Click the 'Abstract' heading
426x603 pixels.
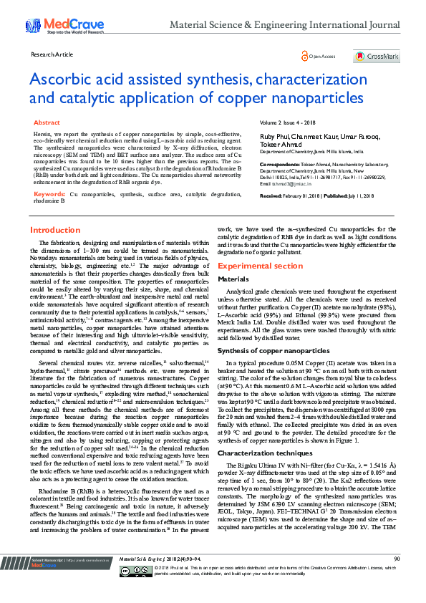click(x=47, y=122)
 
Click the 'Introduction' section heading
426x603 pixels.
click(x=55, y=230)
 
